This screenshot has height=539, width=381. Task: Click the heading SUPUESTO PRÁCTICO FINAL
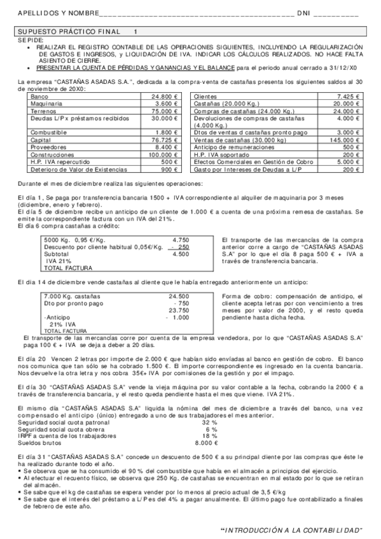point(66,31)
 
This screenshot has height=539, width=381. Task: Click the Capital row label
point(41,140)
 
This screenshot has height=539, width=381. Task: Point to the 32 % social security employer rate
point(209,423)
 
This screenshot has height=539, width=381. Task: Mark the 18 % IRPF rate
point(209,436)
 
